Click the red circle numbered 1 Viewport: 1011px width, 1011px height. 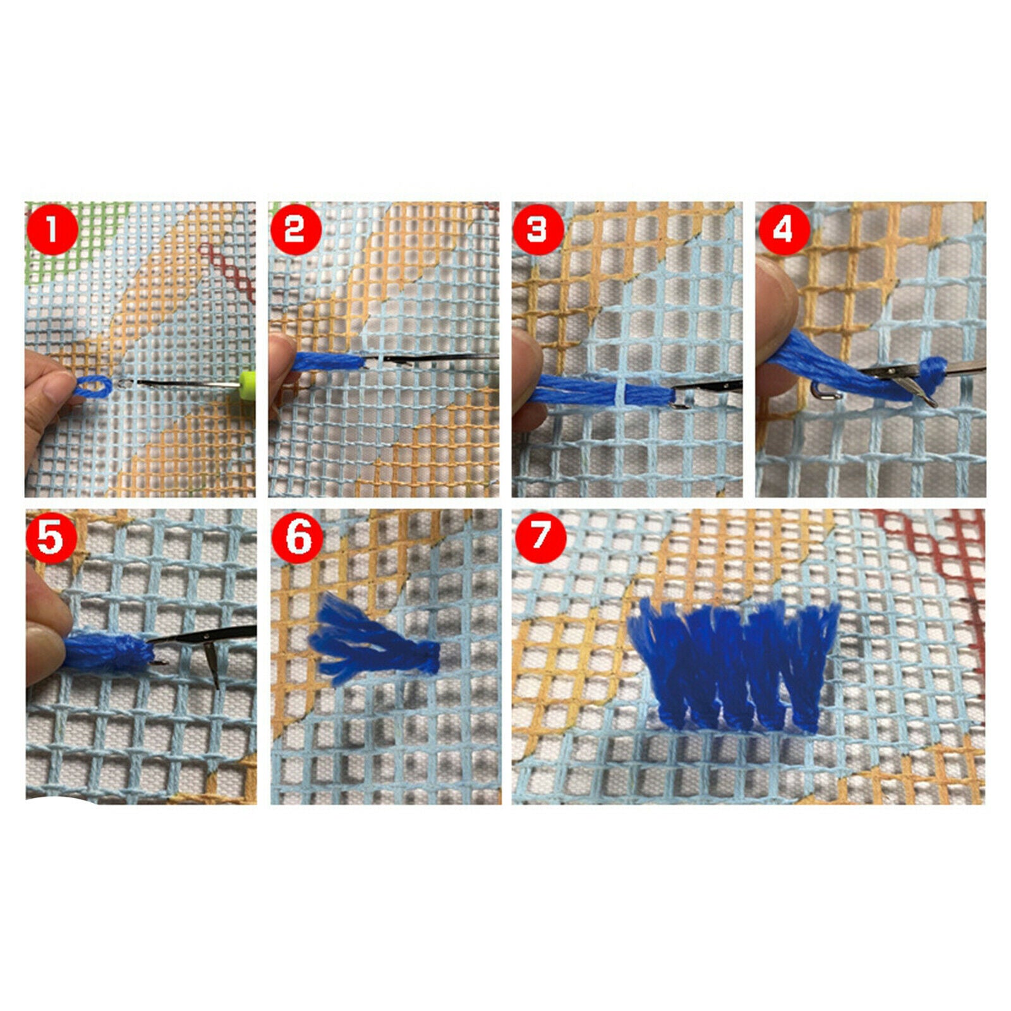(x=52, y=229)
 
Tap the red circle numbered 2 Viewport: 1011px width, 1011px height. (x=296, y=229)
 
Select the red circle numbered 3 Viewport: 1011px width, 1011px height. (x=538, y=229)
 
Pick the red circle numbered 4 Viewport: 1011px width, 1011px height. (x=782, y=229)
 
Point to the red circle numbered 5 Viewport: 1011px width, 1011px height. (x=51, y=537)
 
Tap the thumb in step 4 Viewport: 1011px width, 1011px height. (x=776, y=303)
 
